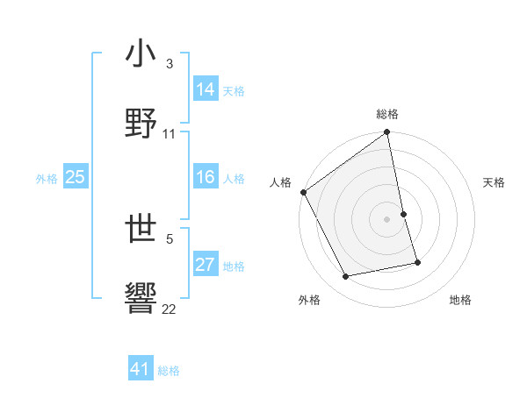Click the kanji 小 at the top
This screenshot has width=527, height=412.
(141, 54)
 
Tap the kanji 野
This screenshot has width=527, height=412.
(141, 122)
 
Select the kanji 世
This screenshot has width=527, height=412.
(141, 230)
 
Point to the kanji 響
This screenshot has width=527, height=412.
(141, 297)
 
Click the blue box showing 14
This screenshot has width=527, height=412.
(206, 89)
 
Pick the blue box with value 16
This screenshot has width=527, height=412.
(206, 177)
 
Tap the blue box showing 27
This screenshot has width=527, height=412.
(206, 265)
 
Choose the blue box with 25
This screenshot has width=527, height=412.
(76, 177)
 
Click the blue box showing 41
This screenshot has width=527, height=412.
(141, 369)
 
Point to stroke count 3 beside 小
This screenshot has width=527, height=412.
(170, 64)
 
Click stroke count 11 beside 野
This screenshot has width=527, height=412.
(170, 134)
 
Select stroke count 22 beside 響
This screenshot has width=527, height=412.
(170, 309)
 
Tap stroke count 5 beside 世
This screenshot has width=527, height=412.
(170, 238)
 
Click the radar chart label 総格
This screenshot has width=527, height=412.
(387, 114)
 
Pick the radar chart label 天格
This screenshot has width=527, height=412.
(495, 182)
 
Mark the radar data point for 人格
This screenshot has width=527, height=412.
(304, 192)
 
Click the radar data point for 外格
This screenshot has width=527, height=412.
(346, 277)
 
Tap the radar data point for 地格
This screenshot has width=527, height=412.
(417, 262)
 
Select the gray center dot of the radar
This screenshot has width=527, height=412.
(387, 219)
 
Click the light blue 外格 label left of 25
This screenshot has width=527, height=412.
(47, 178)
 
